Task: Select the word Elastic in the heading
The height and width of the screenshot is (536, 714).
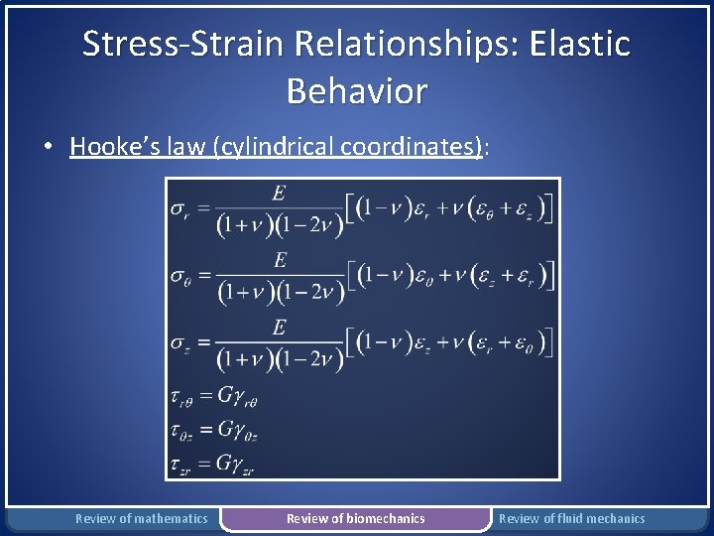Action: [x=580, y=44]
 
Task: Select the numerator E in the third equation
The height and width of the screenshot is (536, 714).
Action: [x=280, y=327]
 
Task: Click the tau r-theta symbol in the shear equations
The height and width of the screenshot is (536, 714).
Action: [x=181, y=398]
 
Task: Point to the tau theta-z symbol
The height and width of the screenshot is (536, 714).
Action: [x=181, y=432]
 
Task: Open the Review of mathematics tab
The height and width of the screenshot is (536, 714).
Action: [x=142, y=518]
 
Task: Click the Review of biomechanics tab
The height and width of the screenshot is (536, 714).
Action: [x=355, y=518]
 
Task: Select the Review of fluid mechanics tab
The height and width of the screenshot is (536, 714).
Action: [x=571, y=518]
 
